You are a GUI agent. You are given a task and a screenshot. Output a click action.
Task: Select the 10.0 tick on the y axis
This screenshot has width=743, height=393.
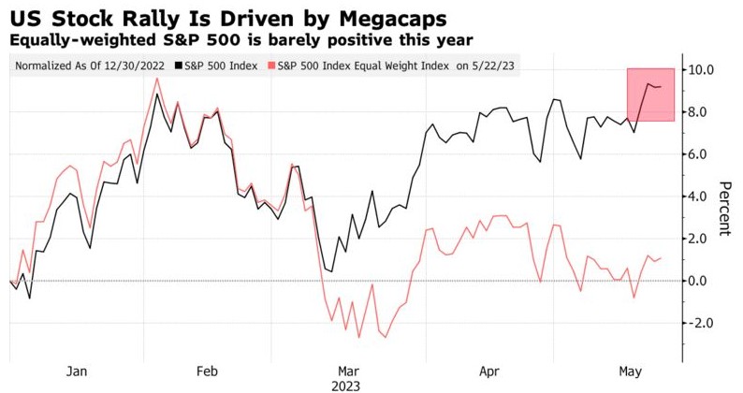702,70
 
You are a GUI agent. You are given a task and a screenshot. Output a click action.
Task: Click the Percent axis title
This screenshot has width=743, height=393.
725,208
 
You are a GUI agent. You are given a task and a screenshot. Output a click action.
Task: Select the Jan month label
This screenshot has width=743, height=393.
76,370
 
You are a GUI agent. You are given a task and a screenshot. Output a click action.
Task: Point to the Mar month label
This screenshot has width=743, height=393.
348,370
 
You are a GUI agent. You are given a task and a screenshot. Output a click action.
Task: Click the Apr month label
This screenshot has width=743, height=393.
488,370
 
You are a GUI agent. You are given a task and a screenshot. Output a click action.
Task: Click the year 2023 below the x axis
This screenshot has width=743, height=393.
348,385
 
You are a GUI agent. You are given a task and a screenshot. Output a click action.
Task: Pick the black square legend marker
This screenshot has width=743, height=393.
179,65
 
